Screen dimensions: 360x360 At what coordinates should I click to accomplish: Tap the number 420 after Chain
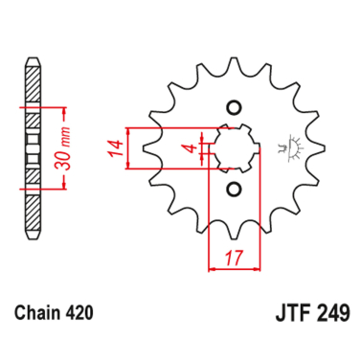(81, 312)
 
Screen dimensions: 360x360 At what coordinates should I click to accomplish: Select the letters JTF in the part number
(280, 312)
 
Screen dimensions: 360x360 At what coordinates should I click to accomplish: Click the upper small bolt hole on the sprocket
(233, 106)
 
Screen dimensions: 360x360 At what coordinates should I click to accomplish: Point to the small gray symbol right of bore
(285, 146)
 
